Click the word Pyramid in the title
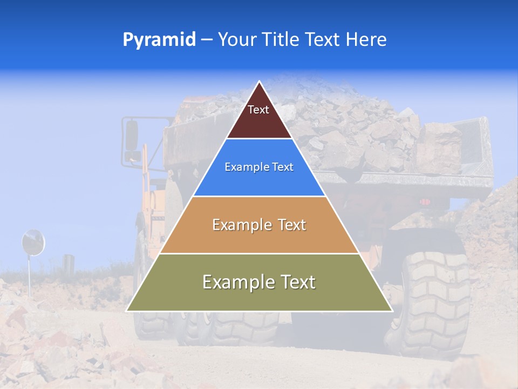tap(159, 40)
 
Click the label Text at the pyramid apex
tap(258, 110)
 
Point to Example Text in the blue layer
tap(259, 167)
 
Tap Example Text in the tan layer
tap(259, 225)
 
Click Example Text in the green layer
tap(259, 282)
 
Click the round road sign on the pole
tap(33, 242)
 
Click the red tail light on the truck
tap(426, 202)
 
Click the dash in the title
tap(207, 40)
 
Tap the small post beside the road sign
tap(68, 263)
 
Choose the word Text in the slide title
tap(323, 40)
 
